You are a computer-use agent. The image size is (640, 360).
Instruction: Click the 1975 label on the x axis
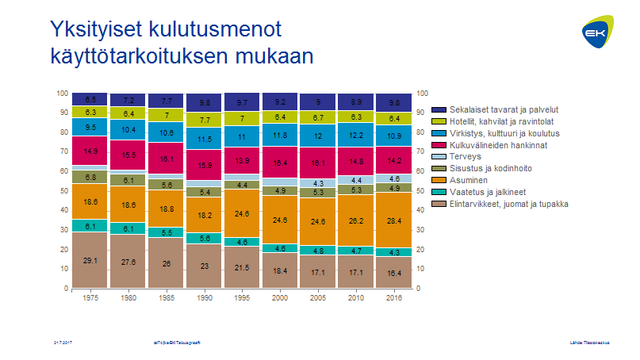pos(90,298)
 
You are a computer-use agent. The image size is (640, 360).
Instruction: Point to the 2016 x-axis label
pos(393,298)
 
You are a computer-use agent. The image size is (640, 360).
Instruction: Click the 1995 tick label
pos(242,298)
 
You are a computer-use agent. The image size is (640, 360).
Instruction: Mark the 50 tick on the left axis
pos(63,191)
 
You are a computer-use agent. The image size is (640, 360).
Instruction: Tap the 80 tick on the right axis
pos(421,132)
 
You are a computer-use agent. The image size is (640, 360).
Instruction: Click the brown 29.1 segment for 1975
pos(90,260)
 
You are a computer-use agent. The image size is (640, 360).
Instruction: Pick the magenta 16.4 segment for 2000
pos(280,163)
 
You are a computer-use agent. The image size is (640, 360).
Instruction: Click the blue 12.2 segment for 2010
pos(355,134)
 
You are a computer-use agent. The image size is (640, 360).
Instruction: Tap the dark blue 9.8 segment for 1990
pos(204,102)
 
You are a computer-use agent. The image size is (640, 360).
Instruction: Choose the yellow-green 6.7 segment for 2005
pos(318,117)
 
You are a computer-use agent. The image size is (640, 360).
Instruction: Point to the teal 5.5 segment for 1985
pos(166,232)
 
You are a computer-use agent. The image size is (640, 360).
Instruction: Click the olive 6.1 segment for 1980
pos(128,180)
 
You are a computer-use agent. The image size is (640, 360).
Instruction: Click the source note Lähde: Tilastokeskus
pos(588,341)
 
